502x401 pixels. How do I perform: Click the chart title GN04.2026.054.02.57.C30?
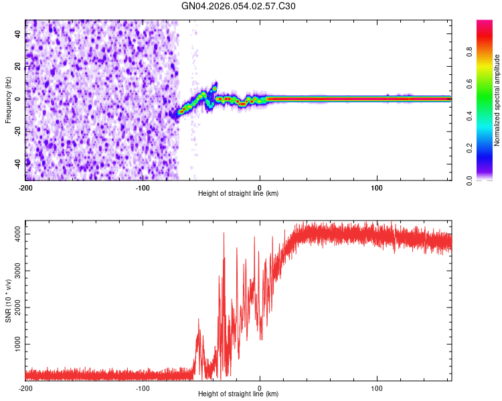(x=238, y=6)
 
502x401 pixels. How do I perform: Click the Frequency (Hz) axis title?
(x=8, y=100)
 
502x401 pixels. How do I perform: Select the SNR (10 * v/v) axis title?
(x=8, y=300)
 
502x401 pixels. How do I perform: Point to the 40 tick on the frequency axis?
(x=18, y=35)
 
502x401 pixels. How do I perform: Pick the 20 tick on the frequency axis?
(x=18, y=67)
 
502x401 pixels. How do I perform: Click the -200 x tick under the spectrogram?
(x=25, y=187)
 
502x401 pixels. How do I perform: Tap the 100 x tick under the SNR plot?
(x=377, y=388)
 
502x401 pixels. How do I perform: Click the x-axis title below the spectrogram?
(x=238, y=194)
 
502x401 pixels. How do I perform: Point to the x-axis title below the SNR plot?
(x=238, y=394)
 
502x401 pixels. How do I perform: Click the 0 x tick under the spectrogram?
(x=260, y=187)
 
